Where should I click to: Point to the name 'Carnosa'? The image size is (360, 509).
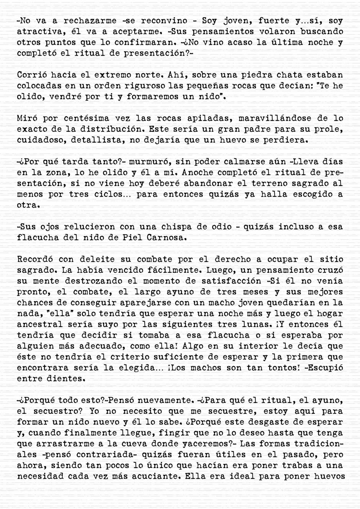(165, 237)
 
